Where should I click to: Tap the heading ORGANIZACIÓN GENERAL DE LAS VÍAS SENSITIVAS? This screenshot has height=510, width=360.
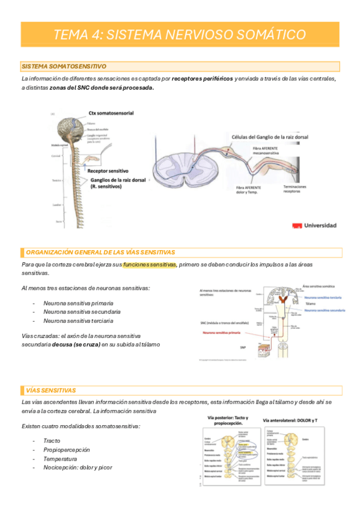[x=101, y=252]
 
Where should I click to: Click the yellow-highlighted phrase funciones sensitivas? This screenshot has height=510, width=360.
[x=150, y=265]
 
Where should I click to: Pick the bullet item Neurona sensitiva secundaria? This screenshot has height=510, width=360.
[x=82, y=312]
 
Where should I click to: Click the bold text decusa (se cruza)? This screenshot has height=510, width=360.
[x=75, y=345]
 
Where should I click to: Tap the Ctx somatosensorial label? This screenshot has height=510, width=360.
[x=111, y=113]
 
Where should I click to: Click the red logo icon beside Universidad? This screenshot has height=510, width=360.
[x=296, y=226]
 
